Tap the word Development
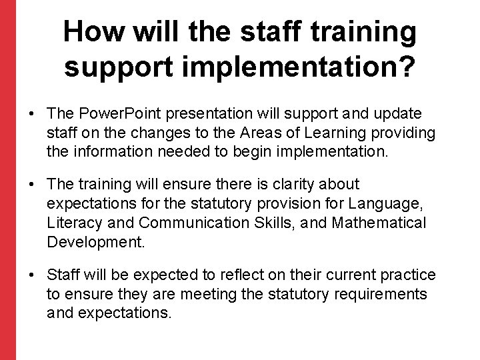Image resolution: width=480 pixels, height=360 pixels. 95,241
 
